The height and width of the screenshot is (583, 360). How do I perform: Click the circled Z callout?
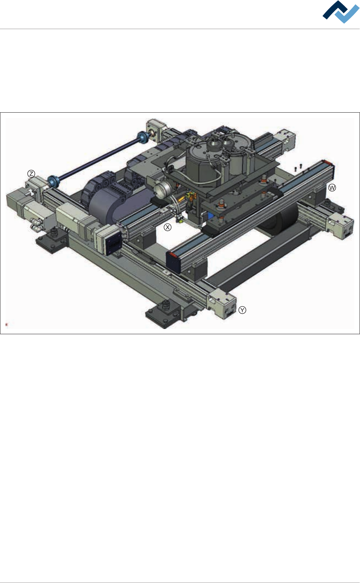point(31,173)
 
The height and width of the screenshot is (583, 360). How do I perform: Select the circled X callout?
point(168,227)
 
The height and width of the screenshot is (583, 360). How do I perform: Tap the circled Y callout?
point(242,310)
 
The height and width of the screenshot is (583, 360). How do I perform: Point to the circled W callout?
point(332,188)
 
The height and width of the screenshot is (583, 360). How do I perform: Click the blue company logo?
point(341,12)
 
